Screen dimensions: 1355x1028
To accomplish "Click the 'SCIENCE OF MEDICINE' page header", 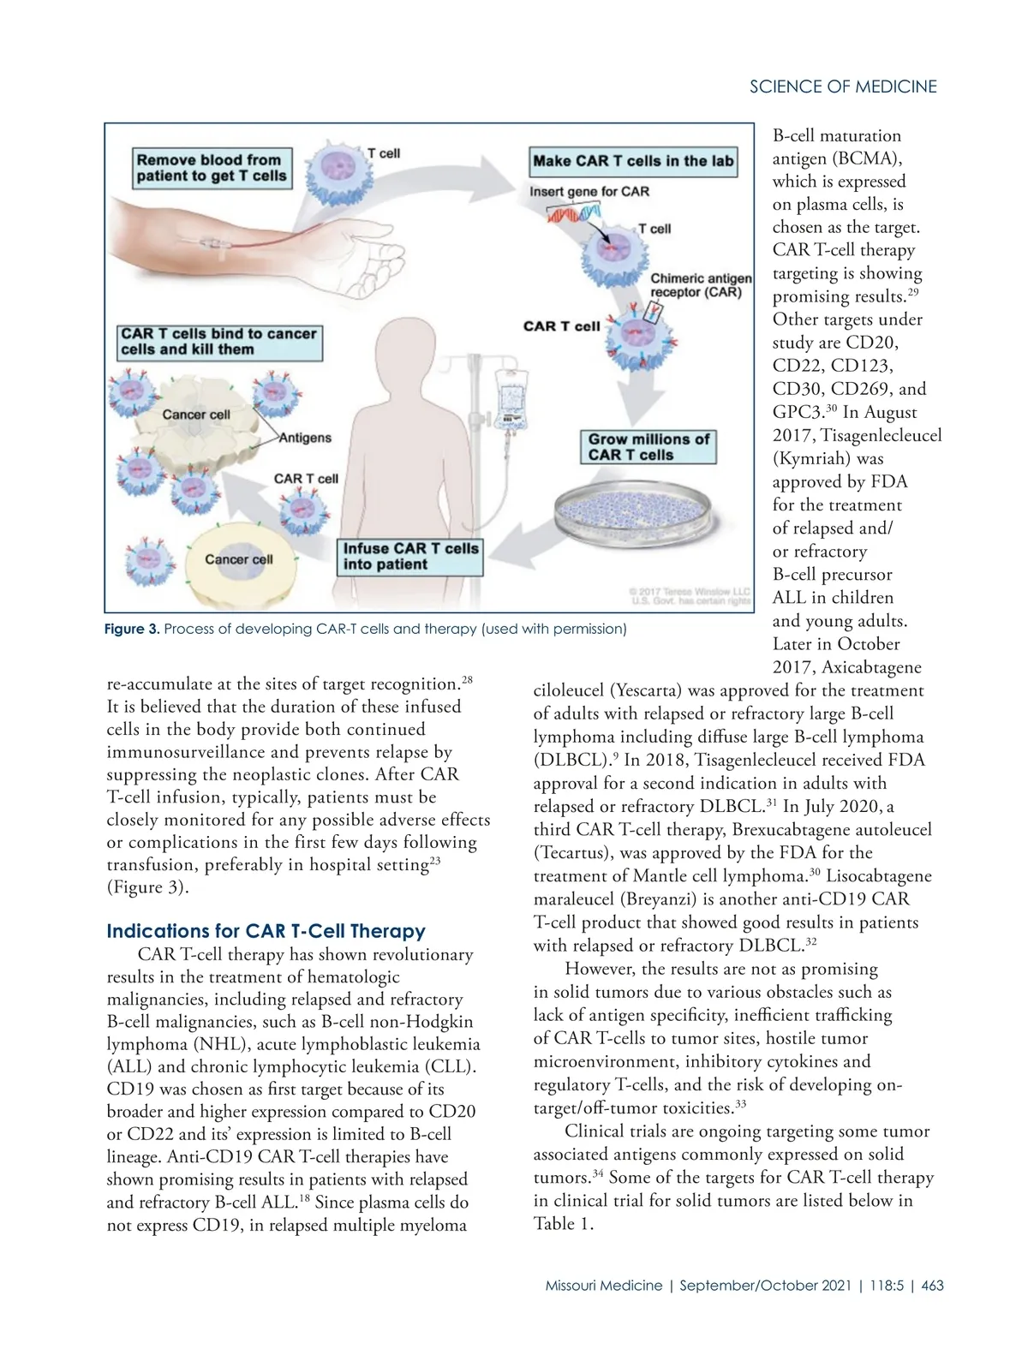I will point(843,87).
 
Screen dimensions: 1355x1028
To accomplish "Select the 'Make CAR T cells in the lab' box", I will point(633,161).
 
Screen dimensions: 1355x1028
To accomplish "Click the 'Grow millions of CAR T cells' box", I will point(648,447).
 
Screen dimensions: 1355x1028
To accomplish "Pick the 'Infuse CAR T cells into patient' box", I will point(411,556).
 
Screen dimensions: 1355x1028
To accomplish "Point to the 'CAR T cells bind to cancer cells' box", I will point(219,342).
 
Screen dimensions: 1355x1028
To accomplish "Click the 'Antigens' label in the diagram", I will point(305,438).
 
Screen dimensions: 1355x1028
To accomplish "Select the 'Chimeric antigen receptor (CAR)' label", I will point(700,285).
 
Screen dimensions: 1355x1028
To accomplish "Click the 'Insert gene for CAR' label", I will point(589,191).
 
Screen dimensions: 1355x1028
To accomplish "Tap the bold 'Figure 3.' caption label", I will point(132,630).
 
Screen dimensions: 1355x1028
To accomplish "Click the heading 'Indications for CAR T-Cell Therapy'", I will point(266,931).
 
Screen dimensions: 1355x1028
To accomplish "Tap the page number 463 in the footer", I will point(932,1286).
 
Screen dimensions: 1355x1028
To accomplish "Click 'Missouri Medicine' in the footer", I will point(603,1286).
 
